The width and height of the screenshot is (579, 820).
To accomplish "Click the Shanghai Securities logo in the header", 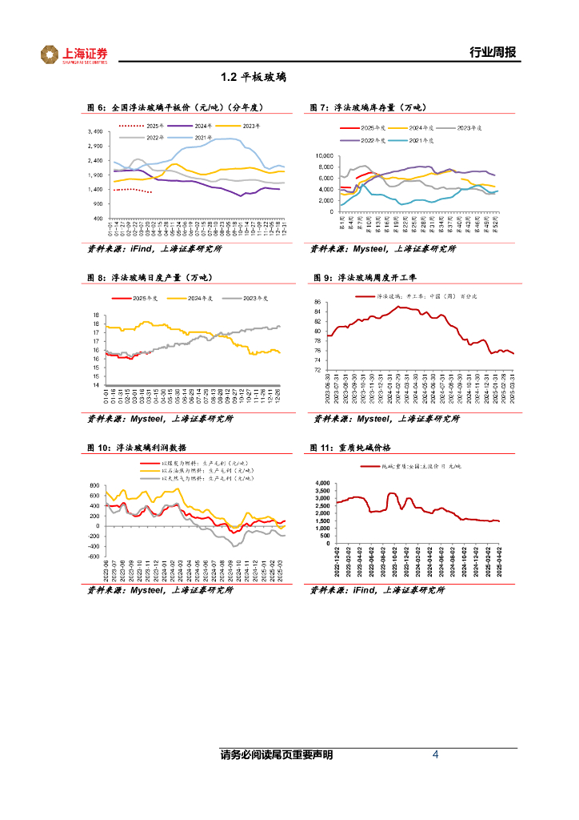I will pyautogui.click(x=74, y=54).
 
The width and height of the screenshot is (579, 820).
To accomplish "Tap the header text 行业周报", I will pyautogui.click(x=491, y=53).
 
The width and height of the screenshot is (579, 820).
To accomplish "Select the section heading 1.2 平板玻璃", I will pyautogui.click(x=254, y=78).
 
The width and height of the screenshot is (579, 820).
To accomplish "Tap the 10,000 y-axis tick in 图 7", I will pyautogui.click(x=324, y=155).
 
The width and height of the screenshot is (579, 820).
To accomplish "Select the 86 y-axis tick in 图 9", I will pyautogui.click(x=317, y=302).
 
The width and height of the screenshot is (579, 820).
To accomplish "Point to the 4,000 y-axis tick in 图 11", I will pyautogui.click(x=323, y=484).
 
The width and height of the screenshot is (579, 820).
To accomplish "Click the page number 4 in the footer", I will pyautogui.click(x=435, y=754).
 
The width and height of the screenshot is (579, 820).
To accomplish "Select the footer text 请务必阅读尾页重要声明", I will pyautogui.click(x=277, y=755).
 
